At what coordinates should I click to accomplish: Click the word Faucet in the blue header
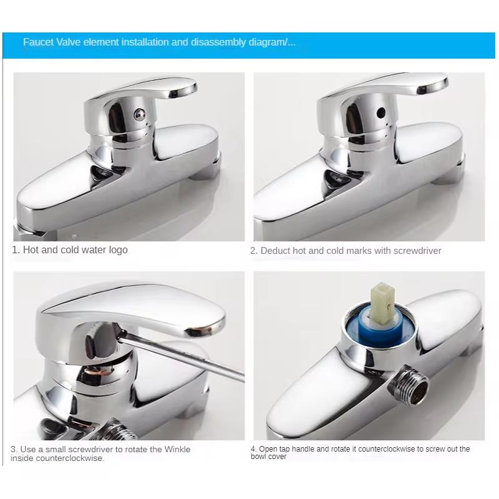tap(37, 42)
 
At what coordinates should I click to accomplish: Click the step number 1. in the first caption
tap(16, 249)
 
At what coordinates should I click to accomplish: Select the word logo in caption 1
tap(117, 249)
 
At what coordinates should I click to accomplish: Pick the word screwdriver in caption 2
tap(417, 251)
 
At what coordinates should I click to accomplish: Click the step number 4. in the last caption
tap(254, 449)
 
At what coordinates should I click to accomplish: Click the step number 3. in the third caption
tap(14, 449)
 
